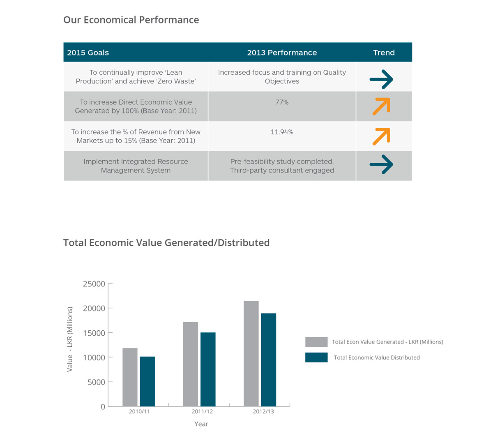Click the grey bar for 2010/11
point(130,377)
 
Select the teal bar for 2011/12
point(208,369)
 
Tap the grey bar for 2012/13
point(251,354)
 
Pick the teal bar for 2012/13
point(268,360)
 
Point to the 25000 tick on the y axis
point(94,284)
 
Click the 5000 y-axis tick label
point(97,382)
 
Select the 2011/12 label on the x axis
point(202,411)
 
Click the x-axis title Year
point(201,424)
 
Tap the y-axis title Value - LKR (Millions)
point(70,339)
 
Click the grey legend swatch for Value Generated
point(316,342)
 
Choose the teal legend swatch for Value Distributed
point(316,357)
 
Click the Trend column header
point(384,53)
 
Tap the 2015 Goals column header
point(88,53)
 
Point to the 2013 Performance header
point(282,53)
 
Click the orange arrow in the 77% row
point(382,106)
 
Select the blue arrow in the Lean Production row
point(382,79)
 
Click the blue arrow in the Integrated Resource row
point(382,164)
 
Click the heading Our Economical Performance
point(131,20)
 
